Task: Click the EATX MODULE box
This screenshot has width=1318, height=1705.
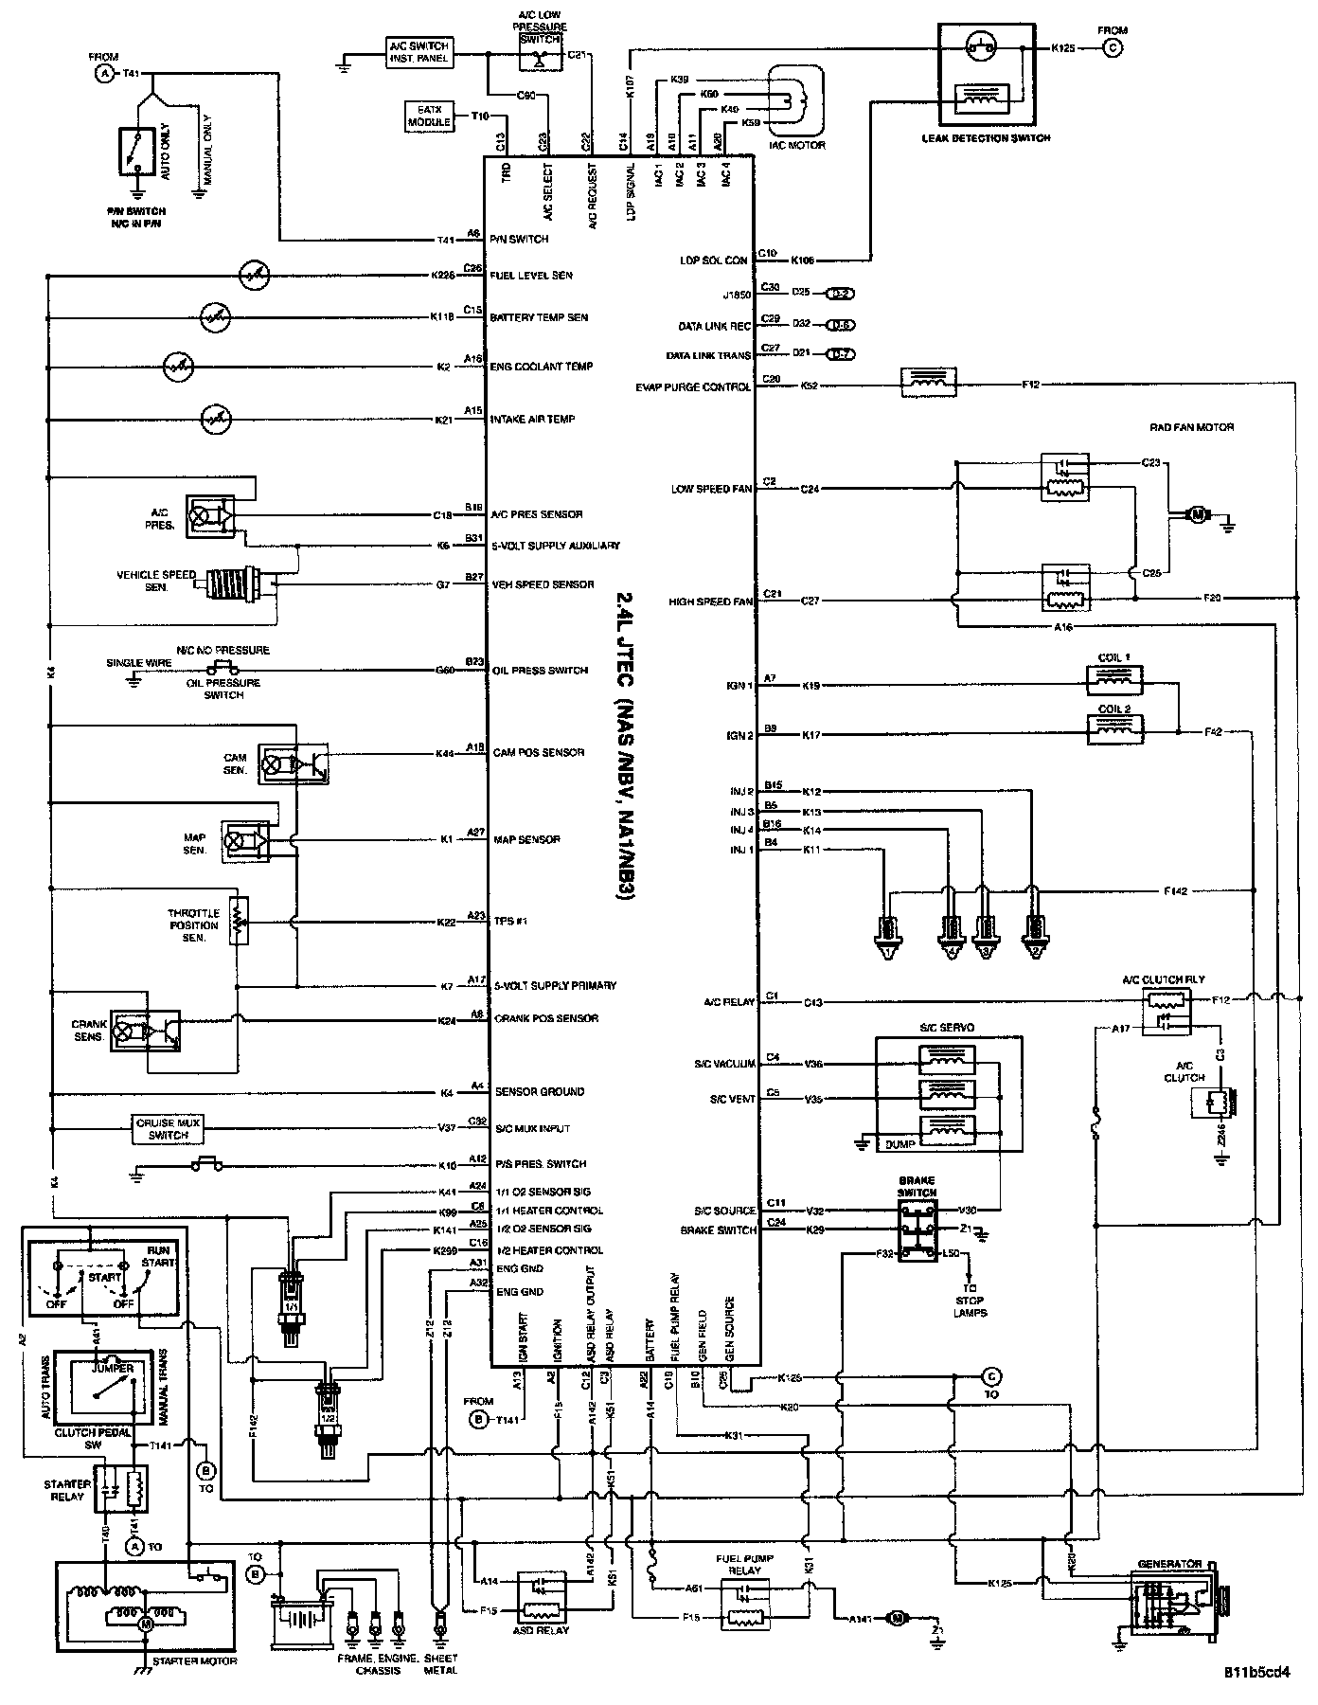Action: [430, 117]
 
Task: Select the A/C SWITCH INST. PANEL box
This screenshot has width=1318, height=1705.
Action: [419, 52]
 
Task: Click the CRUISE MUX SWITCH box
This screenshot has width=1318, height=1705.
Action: [169, 1128]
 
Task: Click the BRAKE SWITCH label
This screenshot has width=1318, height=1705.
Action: [917, 1186]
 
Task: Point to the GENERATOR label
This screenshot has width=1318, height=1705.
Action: [1171, 1564]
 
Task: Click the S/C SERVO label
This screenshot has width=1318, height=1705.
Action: [946, 1028]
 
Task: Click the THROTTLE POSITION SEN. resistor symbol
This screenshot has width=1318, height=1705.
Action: [238, 919]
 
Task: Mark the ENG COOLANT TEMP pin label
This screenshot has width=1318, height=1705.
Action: [543, 367]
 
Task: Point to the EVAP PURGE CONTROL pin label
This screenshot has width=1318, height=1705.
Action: [694, 386]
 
